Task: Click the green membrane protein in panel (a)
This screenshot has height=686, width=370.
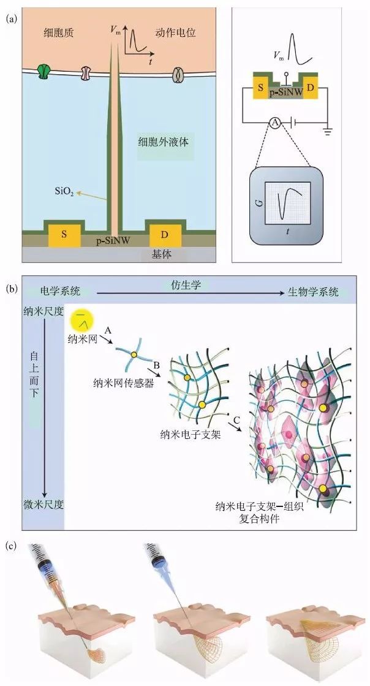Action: coord(43,72)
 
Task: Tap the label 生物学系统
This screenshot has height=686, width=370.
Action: coord(313,292)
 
